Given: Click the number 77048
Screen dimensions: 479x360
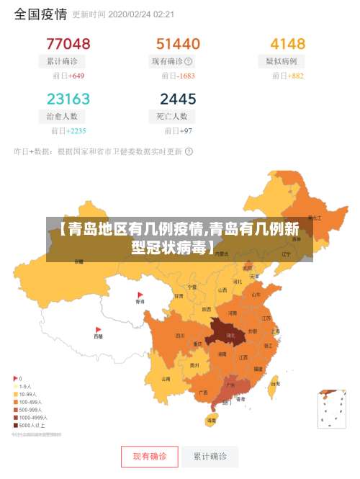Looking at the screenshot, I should pos(68,43).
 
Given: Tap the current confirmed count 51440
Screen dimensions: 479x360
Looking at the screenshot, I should pos(178,43).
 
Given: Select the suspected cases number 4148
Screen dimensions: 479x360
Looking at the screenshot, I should pos(287,43).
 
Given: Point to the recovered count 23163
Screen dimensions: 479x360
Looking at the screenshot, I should pos(68,98).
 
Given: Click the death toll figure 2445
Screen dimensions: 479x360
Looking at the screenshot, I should pos(178,98).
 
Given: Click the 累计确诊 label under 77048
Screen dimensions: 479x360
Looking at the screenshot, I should pos(62,61).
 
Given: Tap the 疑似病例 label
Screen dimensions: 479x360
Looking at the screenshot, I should pos(281,61).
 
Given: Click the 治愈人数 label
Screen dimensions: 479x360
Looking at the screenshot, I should pos(62,116).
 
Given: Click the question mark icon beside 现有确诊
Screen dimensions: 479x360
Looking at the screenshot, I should pos(189,61).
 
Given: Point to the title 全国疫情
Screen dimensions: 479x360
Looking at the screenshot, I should pos(40,14).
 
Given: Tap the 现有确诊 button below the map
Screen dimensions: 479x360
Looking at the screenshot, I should pos(150,457).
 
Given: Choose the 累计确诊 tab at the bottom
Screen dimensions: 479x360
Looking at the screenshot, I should pos(210,457).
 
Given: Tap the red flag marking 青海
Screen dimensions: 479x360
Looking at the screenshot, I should pos(140,295).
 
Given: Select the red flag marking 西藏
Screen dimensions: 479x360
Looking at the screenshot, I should pos(98,330).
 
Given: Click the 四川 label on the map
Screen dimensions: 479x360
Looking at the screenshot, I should pos(180,335).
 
